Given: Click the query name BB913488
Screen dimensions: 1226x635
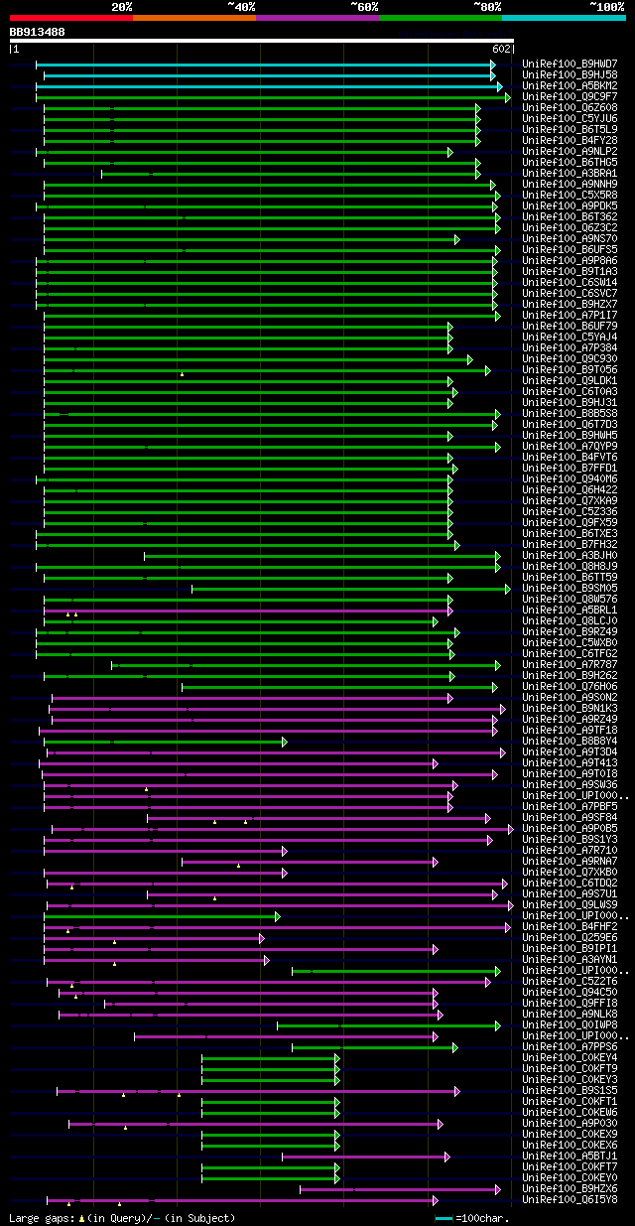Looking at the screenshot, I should tap(38, 32).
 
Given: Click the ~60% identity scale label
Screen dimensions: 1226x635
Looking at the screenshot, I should tap(364, 7).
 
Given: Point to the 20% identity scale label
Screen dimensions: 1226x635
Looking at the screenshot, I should tap(122, 7).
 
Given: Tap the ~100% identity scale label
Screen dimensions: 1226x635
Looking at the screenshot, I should tap(606, 7).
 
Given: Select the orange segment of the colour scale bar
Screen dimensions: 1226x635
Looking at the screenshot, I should tap(193, 18).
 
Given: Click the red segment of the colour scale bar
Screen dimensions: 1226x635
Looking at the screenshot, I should tap(70, 18).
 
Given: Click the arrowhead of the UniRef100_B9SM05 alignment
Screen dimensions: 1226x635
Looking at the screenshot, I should tap(508, 589).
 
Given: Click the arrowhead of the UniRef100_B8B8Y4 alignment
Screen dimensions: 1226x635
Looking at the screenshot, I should tap(285, 742).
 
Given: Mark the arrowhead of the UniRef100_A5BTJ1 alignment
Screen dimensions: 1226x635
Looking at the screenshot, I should tap(447, 1157).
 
